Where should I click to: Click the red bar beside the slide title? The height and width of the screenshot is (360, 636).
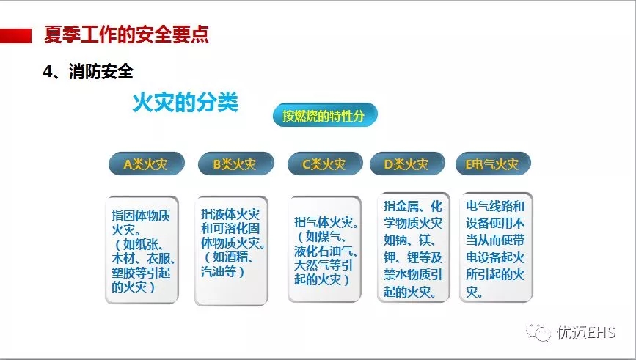tap(16, 36)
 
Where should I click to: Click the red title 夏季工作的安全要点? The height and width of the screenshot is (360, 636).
tap(126, 34)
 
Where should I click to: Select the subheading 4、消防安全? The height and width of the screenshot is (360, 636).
tap(88, 72)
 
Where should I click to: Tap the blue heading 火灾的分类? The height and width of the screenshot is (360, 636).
tap(186, 102)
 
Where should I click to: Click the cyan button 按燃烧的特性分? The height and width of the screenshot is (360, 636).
tap(325, 115)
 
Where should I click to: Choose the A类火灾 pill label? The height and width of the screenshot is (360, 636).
tap(147, 164)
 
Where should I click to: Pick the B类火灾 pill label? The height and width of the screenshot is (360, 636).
tap(235, 164)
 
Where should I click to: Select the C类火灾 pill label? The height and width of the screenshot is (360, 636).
tap(325, 164)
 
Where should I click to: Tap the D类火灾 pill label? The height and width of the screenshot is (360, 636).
tap(407, 164)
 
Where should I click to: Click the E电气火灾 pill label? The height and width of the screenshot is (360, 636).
tap(493, 164)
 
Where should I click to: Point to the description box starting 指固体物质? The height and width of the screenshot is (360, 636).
tap(142, 250)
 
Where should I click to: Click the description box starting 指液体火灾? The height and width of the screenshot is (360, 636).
tap(231, 250)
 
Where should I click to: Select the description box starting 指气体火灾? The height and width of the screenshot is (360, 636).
tap(324, 249)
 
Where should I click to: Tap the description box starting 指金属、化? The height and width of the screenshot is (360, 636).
tap(413, 248)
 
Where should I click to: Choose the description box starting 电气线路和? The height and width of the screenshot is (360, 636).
tap(496, 248)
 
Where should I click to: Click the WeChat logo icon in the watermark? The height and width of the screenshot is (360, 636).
tap(538, 332)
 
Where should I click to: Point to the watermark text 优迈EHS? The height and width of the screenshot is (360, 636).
tap(586, 332)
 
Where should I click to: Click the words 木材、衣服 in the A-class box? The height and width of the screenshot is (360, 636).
tap(143, 258)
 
